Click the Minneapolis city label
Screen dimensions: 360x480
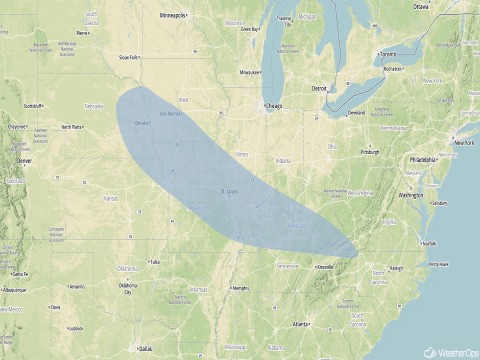(x=173, y=15)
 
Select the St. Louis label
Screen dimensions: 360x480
(x=229, y=191)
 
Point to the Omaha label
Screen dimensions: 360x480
(x=141, y=123)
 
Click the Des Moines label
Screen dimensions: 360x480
(x=171, y=113)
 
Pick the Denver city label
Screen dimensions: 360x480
(x=24, y=161)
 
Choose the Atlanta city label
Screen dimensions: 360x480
(x=300, y=324)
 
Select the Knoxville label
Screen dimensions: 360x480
(x=325, y=267)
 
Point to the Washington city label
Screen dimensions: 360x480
(x=411, y=195)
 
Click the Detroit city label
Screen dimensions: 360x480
(x=319, y=88)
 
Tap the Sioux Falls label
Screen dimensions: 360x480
(x=128, y=57)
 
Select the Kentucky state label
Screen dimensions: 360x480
(x=296, y=226)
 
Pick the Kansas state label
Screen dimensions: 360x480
(x=111, y=198)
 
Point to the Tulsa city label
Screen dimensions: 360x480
(x=154, y=262)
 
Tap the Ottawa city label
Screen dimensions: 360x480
(x=421, y=7)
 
